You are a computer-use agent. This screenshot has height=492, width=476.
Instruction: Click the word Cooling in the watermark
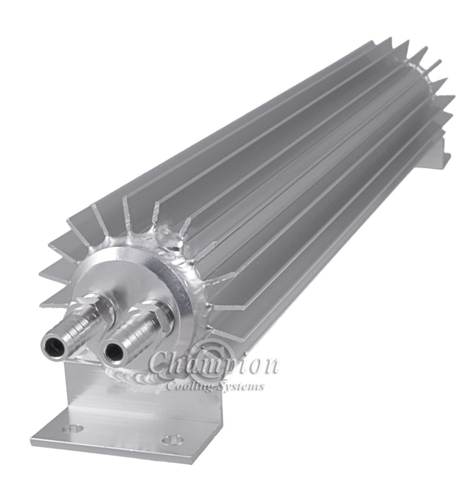coord(185,386)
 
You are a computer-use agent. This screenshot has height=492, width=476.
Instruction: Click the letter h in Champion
coord(175,363)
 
